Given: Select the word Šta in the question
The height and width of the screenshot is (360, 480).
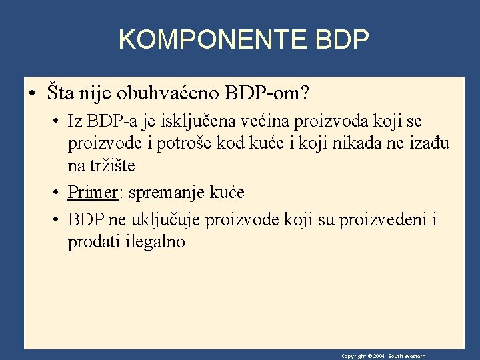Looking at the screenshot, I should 61,92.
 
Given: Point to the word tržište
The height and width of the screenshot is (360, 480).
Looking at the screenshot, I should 111,165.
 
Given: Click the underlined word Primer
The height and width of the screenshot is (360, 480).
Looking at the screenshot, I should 93,193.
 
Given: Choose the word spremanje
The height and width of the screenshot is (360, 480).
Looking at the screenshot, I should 169,193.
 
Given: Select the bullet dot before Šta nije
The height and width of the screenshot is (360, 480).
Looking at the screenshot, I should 31,93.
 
